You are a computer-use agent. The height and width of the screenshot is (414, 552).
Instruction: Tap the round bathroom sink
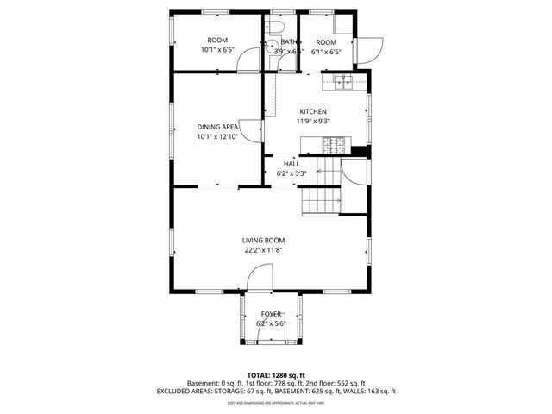270,48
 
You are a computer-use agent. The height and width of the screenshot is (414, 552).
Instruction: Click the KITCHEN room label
312,111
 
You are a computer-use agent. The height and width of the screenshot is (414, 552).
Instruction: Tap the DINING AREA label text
217,127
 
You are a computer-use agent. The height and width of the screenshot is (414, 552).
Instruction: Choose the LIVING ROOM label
263,241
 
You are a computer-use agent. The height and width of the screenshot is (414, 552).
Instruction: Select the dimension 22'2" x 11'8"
263,250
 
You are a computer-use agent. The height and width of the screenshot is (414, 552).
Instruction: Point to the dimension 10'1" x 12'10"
217,136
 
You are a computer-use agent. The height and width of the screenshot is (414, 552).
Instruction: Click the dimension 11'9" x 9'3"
312,121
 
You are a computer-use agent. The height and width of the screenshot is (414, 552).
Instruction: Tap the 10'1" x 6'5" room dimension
217,50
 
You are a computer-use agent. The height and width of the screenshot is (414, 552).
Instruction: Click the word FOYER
271,314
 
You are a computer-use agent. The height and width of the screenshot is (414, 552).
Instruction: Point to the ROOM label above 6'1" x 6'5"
325,42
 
